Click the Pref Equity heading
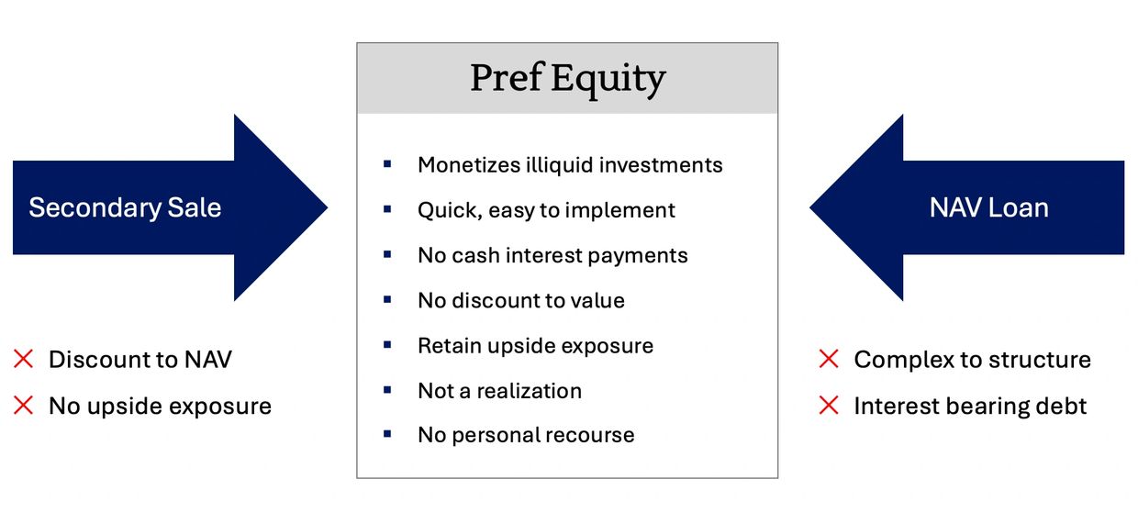(x=567, y=79)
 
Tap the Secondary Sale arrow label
(x=125, y=207)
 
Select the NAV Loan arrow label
(x=988, y=207)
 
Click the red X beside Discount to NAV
(x=23, y=359)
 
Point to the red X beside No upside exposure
(x=23, y=406)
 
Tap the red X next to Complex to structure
(x=829, y=359)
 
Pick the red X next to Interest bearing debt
(x=829, y=406)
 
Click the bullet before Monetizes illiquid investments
(x=387, y=164)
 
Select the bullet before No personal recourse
(x=387, y=434)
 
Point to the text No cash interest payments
(x=552, y=255)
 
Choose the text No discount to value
(x=521, y=301)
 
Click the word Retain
(x=449, y=346)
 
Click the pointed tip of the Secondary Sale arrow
(x=327, y=207)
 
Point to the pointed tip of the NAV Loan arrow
(x=810, y=207)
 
